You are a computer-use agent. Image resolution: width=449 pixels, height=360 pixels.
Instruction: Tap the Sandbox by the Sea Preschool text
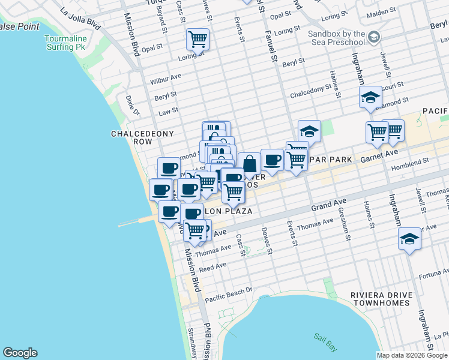coord(336,39)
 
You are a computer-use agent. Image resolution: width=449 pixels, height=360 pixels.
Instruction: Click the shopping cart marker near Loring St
coord(197,40)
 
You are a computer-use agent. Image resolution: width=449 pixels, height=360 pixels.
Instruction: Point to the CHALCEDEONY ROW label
coord(134,137)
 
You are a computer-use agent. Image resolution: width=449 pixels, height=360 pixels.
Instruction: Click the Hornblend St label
coord(409,161)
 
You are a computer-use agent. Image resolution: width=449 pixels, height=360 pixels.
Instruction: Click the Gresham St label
coord(348,229)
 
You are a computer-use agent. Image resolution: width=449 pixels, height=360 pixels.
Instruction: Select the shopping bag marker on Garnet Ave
coord(249,164)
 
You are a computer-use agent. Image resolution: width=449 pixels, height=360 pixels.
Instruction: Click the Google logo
coord(20,353)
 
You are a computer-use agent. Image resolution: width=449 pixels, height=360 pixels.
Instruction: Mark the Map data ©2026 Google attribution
coord(412,355)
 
